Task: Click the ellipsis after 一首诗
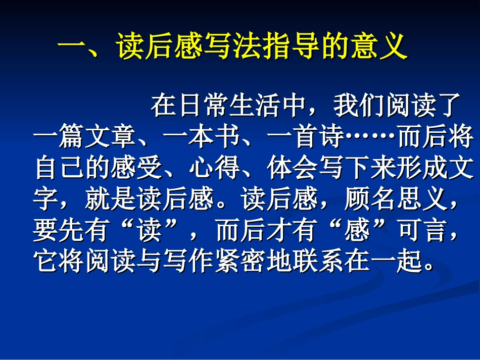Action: click(x=371, y=137)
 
